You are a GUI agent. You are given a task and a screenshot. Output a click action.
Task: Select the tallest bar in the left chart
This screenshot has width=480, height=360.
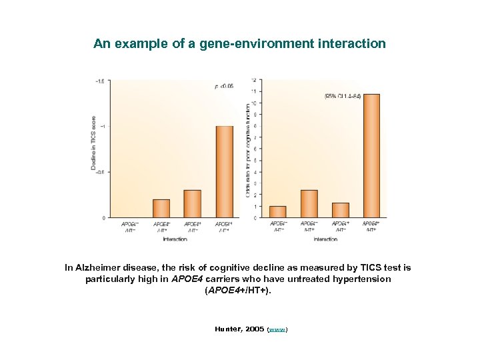pos(225,171)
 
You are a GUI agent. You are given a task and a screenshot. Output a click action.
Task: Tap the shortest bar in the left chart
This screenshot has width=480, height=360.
pos(161,208)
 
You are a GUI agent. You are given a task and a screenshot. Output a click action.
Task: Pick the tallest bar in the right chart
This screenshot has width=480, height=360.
pos(371,155)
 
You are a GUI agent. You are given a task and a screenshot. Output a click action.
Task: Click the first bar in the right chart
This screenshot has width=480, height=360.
pos(277,211)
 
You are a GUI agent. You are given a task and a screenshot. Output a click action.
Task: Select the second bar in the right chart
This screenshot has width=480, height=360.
pos(309,203)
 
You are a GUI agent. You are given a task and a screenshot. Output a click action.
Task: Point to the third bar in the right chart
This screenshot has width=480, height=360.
pos(340,210)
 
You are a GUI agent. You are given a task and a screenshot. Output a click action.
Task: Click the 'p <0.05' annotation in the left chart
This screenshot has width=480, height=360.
pos(223,86)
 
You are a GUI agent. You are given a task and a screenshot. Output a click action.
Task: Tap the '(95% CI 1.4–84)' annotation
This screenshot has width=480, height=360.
pos(343,97)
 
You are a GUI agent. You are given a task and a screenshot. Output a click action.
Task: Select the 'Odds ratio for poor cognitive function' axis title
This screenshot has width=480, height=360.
pos(249,149)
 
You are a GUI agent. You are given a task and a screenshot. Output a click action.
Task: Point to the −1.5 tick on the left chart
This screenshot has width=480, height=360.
pos(99,81)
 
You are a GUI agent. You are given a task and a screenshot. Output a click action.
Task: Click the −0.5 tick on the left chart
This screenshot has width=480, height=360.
pos(99,172)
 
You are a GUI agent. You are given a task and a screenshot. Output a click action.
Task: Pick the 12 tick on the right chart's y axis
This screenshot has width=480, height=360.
pos(253,80)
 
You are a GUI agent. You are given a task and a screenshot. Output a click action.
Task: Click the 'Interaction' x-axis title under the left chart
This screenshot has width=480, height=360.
pos(175,239)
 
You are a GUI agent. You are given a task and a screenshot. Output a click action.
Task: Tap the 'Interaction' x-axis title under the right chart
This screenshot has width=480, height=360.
pos(325,239)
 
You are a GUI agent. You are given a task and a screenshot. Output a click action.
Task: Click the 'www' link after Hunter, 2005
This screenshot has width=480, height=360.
pos(277,329)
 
